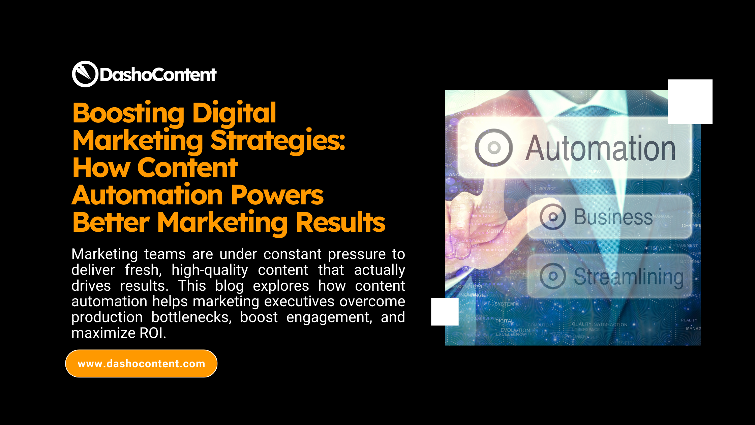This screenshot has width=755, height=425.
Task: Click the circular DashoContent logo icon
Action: [85, 74]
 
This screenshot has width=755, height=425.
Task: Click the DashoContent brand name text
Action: [158, 75]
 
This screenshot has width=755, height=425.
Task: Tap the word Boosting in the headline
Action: [128, 113]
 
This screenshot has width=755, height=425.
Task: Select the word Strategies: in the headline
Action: [278, 140]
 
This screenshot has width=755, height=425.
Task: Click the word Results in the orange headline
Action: [340, 222]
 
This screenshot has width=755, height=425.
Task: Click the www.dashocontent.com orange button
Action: [141, 364]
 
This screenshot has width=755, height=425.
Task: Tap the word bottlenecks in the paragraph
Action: [191, 317]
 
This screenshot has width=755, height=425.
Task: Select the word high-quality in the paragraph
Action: [210, 270]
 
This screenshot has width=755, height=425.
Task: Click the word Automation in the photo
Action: [600, 148]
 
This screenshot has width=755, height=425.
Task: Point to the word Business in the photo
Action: [613, 217]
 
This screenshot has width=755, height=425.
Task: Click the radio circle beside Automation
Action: [494, 147]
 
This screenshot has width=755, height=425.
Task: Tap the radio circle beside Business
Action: [553, 217]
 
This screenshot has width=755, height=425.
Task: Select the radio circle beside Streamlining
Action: [553, 276]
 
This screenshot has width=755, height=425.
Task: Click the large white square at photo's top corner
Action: [690, 102]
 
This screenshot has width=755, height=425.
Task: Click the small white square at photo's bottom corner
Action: [445, 312]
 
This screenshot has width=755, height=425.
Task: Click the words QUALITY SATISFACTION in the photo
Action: [599, 324]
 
